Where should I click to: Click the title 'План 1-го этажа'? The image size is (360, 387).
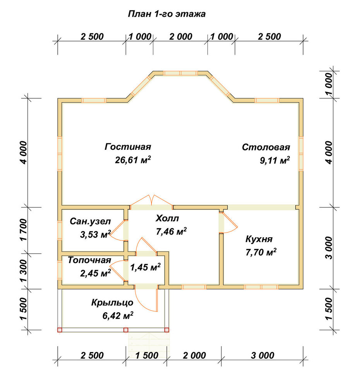point(167,14)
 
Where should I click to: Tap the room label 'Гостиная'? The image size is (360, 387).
point(128,147)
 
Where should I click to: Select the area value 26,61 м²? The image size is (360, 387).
point(133,160)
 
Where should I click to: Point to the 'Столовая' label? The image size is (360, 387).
point(266,147)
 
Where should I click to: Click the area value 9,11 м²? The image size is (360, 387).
point(275,161)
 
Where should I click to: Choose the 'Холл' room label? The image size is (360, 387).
point(167,218)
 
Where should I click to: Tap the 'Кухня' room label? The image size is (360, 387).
point(259,239)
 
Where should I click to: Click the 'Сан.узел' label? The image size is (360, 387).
point(90,221)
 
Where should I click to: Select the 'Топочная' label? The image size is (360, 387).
point(89,260)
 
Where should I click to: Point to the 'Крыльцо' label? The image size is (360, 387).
point(112,303)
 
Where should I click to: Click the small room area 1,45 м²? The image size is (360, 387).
point(146,267)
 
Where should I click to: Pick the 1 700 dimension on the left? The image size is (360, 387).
point(24,230)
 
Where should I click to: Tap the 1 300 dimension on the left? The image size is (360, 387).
point(24,271)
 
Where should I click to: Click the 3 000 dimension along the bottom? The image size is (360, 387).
point(263,355)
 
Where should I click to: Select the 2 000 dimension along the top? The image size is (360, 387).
point(181,36)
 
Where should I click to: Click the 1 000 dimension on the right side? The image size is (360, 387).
point(329,84)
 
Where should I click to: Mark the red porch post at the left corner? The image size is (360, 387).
point(60,330)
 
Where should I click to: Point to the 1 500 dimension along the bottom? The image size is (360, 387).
point(147,355)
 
